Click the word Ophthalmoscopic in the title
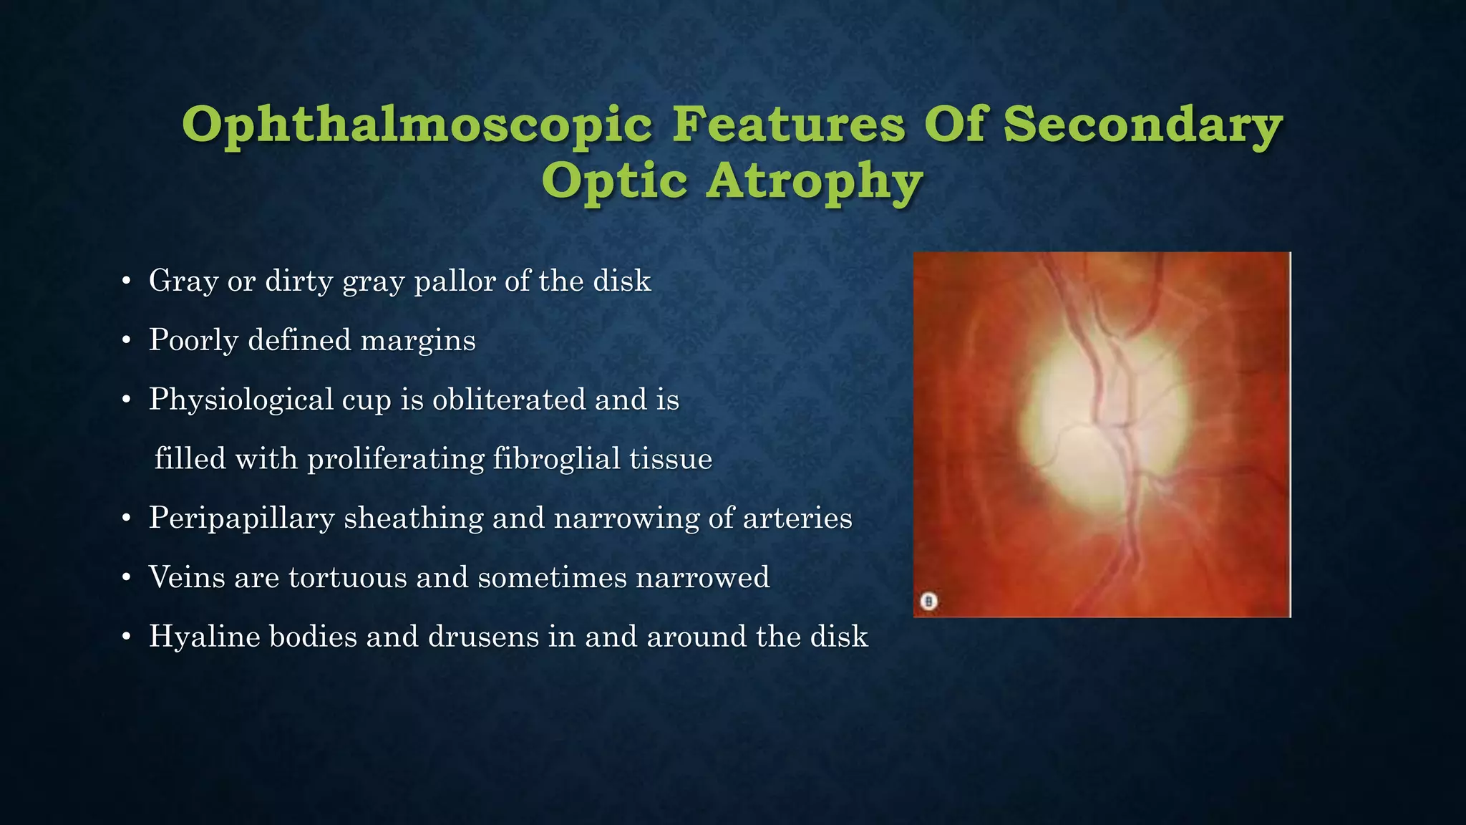tap(417, 125)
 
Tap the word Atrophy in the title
tap(814, 181)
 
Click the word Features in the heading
tap(788, 125)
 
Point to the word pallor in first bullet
tap(455, 281)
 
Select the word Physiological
tap(241, 400)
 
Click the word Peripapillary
tap(241, 518)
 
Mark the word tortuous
tap(347, 577)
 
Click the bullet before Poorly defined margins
tap(126, 341)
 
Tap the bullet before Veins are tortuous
tap(126, 578)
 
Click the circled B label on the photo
tap(928, 601)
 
